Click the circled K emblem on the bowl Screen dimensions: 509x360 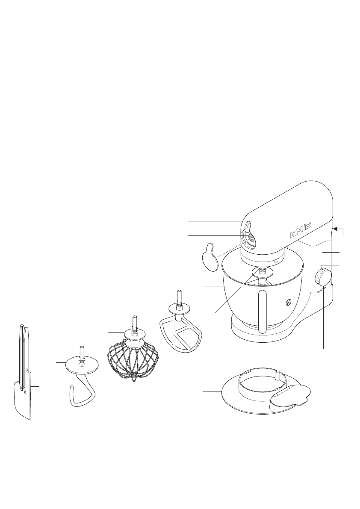288,303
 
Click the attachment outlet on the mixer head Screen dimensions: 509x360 250,237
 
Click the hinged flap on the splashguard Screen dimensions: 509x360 291,395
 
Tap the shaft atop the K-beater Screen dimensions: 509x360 179,296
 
